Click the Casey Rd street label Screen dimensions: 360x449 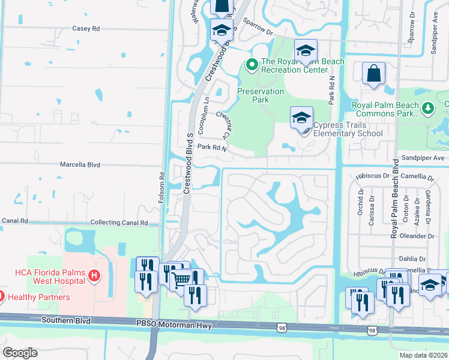[x=85, y=28]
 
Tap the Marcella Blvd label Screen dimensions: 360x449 [x=79, y=164]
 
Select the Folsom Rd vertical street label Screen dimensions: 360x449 [x=161, y=188]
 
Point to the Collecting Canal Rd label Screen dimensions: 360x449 [x=119, y=223]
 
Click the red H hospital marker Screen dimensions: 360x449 [x=93, y=275]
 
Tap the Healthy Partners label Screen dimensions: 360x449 [x=38, y=297]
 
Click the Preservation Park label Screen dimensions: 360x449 [x=261, y=95]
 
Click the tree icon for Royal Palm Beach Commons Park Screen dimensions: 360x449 [x=427, y=108]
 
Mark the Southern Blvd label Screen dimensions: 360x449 [x=66, y=320]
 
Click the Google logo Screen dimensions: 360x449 [x=20, y=353]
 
